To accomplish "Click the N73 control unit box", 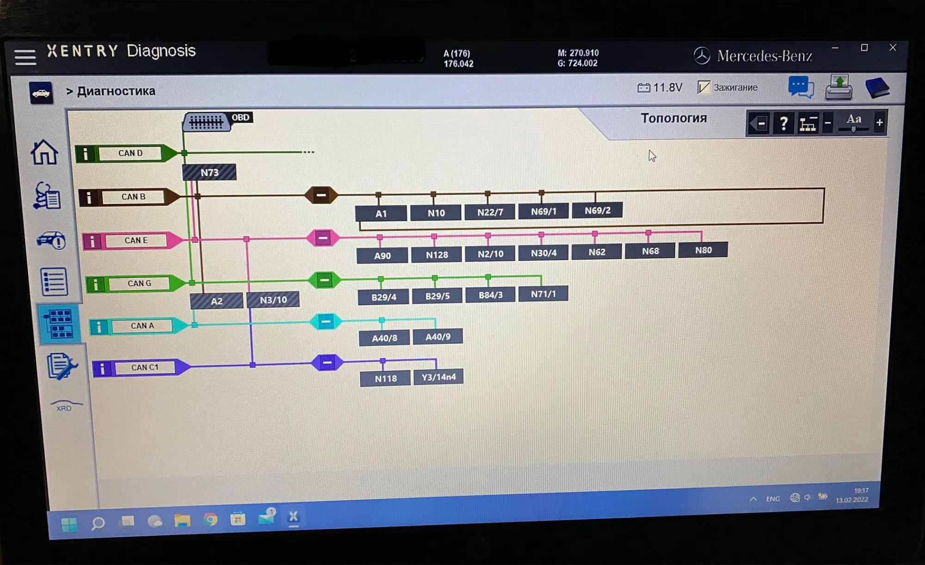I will pyautogui.click(x=209, y=173).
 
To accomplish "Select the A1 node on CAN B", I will pyautogui.click(x=381, y=213).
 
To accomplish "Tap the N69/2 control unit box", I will pyautogui.click(x=597, y=211).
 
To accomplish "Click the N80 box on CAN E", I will pyautogui.click(x=703, y=250).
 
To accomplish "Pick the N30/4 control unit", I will pyautogui.click(x=543, y=253).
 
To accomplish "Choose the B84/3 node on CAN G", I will pyautogui.click(x=490, y=295).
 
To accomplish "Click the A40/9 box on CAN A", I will pyautogui.click(x=438, y=337).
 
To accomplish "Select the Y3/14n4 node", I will pyautogui.click(x=438, y=377).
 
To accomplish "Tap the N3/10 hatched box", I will pyautogui.click(x=273, y=300).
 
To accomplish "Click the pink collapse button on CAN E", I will pyautogui.click(x=323, y=238).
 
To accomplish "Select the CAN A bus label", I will pyautogui.click(x=142, y=326).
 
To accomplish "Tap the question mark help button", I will pyautogui.click(x=783, y=124).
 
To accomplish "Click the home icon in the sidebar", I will pyautogui.click(x=44, y=152).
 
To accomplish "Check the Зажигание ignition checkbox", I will pyautogui.click(x=703, y=87).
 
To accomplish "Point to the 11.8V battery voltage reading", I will pyautogui.click(x=660, y=87).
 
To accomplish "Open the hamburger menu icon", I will pyautogui.click(x=25, y=57).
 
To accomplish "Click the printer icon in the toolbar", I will pyautogui.click(x=839, y=87).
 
